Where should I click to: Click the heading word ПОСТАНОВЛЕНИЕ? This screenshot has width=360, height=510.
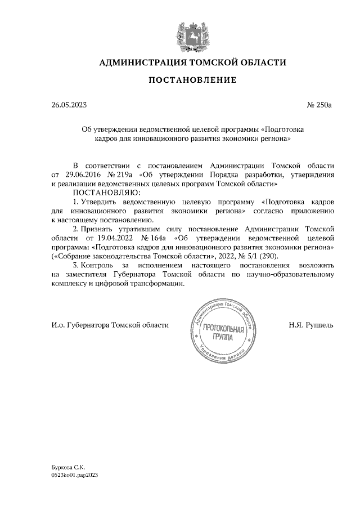tap(192, 80)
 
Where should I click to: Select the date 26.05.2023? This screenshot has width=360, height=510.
tap(67, 105)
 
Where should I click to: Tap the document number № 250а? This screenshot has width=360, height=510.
tap(320, 105)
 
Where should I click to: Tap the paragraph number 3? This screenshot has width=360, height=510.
tap(76, 265)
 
